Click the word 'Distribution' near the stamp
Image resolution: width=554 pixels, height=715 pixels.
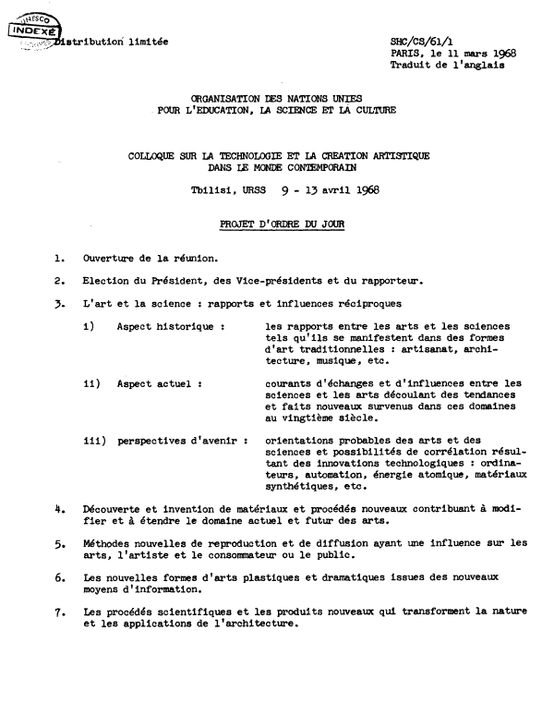[90, 42]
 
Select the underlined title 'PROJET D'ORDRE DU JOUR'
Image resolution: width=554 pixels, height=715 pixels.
[276, 224]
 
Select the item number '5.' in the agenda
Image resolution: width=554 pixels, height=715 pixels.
[59, 544]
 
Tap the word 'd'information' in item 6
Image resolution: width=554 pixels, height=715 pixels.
[153, 588]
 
